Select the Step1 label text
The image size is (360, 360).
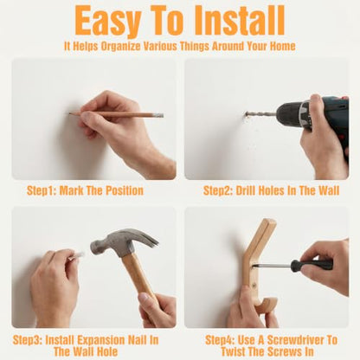point(42,191)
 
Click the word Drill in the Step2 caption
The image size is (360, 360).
point(246,190)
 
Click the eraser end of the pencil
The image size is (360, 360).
point(159,115)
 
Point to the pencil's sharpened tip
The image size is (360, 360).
point(70,113)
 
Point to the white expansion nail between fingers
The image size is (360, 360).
point(76,255)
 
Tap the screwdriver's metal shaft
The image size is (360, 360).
point(271,265)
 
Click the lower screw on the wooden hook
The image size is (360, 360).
point(254,286)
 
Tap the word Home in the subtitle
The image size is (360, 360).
point(283,46)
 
